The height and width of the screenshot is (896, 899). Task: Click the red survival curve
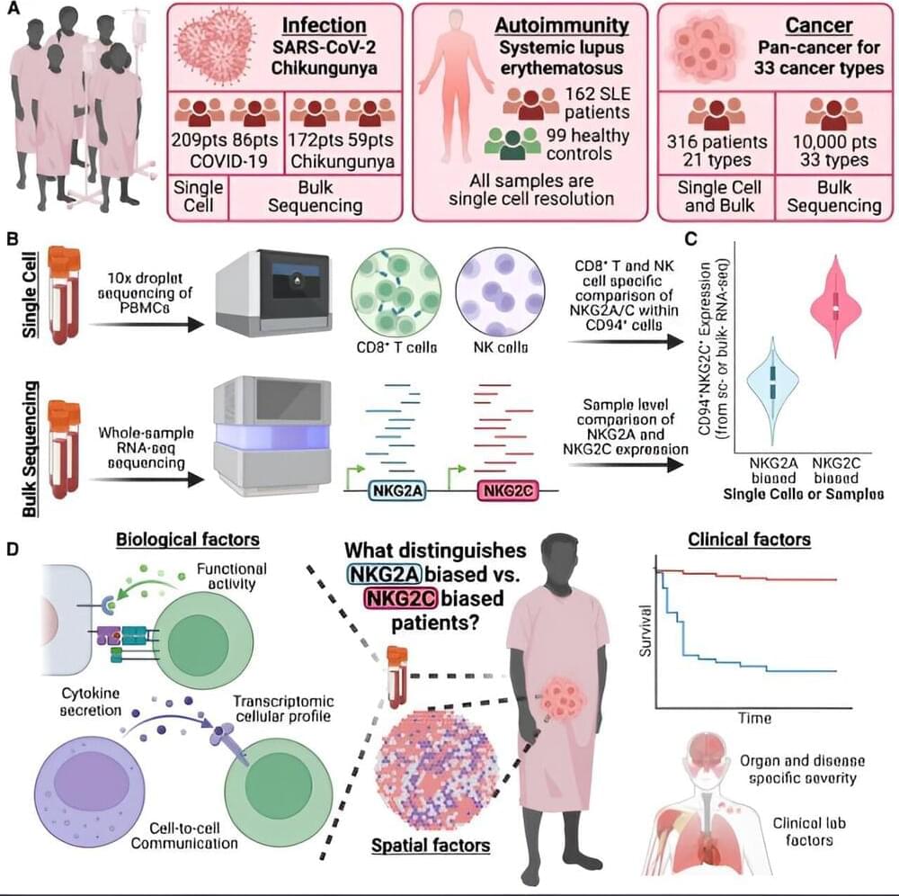(x=755, y=577)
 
